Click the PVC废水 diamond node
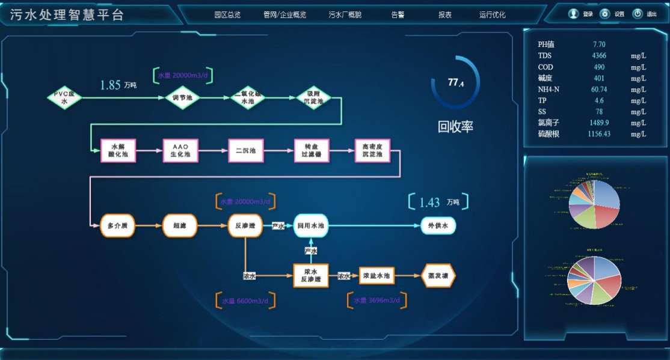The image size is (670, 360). tap(64, 97)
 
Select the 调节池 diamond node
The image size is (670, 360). tap(182, 97)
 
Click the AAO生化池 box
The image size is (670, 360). tap(180, 150)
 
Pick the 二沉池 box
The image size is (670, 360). tap(246, 150)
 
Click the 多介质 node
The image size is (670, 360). tap(117, 226)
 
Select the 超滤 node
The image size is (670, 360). tap(180, 226)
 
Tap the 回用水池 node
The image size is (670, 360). tap(310, 226)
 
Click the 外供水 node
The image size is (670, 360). tap(438, 226)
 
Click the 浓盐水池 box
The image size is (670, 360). tap(376, 276)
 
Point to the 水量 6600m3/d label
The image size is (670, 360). tap(245, 301)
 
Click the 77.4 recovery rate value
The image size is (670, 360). tap(455, 83)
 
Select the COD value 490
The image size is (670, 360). tap(599, 67)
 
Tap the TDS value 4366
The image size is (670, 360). tap(599, 56)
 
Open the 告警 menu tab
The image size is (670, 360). tap(398, 15)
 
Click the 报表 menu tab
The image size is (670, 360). tap(445, 15)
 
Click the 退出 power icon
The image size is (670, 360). tap(638, 14)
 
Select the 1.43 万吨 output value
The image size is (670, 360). tap(438, 203)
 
